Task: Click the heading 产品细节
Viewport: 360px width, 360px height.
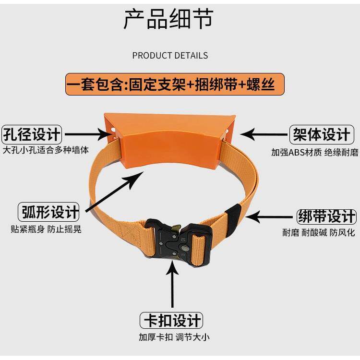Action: coord(168,19)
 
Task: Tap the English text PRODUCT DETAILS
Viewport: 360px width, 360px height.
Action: coord(170,56)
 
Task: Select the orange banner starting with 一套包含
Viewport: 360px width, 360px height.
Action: coord(175,84)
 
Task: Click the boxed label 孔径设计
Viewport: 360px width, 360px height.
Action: coord(32,134)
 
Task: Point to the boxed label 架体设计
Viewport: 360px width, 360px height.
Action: coord(322,134)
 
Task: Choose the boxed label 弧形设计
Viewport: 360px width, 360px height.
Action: coord(48,212)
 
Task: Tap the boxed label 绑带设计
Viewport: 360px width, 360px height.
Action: coord(326,216)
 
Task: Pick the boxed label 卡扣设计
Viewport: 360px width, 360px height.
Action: coord(171,320)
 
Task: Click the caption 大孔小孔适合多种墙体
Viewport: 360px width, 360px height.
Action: coord(46,150)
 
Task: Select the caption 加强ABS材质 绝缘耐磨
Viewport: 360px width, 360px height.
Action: coord(315,152)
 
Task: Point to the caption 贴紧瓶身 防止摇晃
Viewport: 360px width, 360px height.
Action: coord(46,229)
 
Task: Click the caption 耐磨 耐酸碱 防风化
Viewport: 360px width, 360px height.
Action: coord(319,233)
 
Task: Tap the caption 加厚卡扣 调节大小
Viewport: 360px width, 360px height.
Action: coord(174,337)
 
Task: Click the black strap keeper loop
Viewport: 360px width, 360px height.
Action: coord(233,216)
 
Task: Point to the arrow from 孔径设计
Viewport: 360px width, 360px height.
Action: coord(87,134)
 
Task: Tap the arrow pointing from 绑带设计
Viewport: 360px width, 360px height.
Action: coord(269,217)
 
